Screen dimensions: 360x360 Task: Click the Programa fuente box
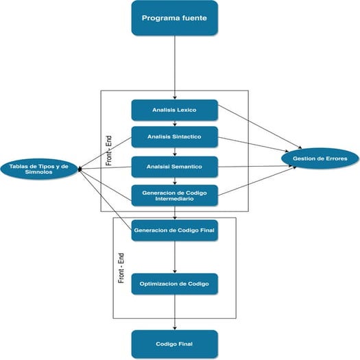click(174, 18)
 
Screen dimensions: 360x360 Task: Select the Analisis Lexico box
click(174, 110)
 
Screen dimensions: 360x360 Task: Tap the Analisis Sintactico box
click(174, 136)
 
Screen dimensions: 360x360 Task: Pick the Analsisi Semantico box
click(174, 166)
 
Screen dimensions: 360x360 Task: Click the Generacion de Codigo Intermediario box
click(174, 195)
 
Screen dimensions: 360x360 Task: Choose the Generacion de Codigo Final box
click(174, 230)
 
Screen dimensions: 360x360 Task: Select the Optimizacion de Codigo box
click(174, 283)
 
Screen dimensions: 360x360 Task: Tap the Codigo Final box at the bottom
click(174, 342)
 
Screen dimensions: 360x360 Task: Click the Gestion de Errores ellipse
click(320, 159)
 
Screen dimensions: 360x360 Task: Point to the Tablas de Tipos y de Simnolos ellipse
click(40, 169)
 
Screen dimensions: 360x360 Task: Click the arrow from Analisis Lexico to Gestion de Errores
click(261, 130)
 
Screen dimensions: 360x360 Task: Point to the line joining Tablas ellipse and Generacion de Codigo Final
click(106, 199)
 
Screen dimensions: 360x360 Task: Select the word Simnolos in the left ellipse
click(40, 173)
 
